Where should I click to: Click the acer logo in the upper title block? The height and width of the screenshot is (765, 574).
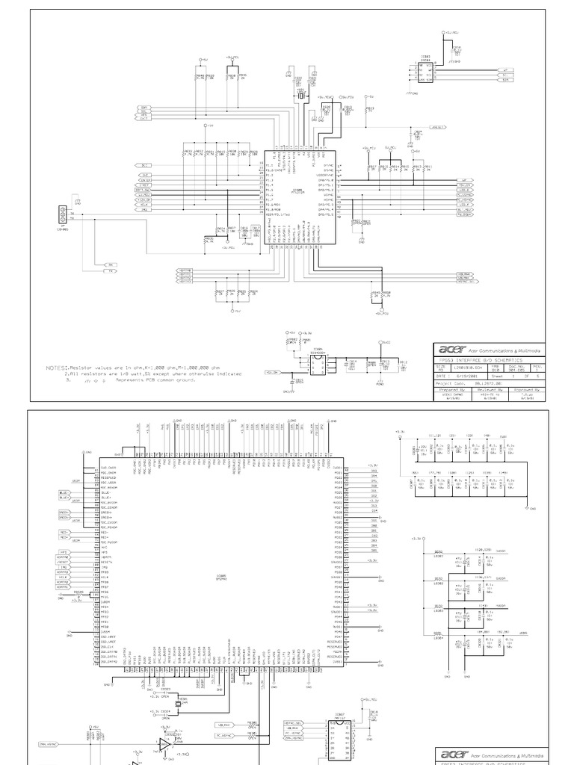[451, 349]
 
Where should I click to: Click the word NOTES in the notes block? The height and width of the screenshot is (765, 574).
[56, 368]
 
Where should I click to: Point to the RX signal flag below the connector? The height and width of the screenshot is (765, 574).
[111, 264]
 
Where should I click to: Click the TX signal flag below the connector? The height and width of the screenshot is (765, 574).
[111, 271]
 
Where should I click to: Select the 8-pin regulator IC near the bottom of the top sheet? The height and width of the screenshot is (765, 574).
[317, 362]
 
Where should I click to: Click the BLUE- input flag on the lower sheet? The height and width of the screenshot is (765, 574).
[64, 497]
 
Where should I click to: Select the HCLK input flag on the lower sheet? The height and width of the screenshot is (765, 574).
[63, 577]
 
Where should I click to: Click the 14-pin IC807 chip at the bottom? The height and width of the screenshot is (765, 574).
[336, 740]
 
